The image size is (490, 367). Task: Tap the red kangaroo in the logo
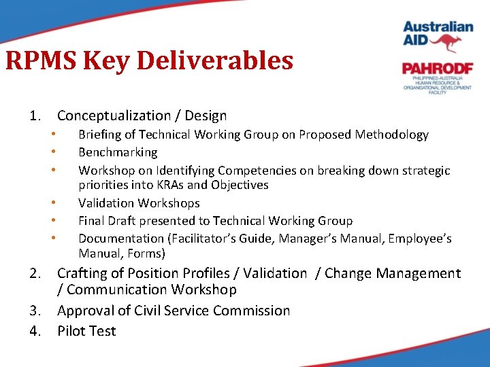pos(447,43)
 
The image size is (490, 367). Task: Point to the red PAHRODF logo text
pos(437,68)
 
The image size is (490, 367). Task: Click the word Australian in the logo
pos(438,27)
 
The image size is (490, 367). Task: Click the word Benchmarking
pos(118,152)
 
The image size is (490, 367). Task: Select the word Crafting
pos(83,273)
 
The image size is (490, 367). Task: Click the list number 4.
pos(35,332)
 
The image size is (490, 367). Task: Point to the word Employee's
pos(416,239)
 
